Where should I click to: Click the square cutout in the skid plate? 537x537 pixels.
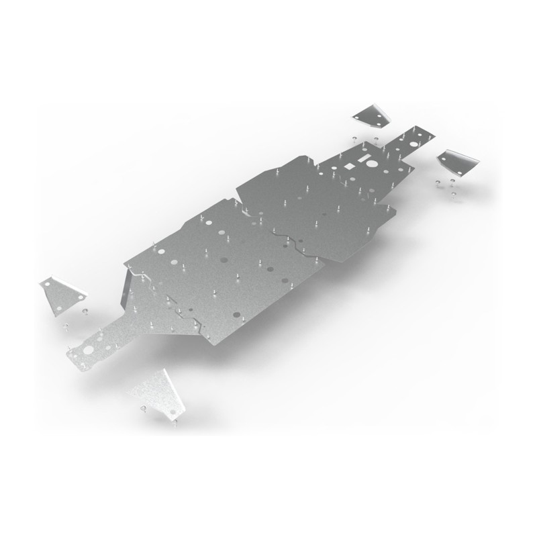coord(350,166)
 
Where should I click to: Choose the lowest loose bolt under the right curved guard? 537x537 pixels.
coord(454,195)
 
